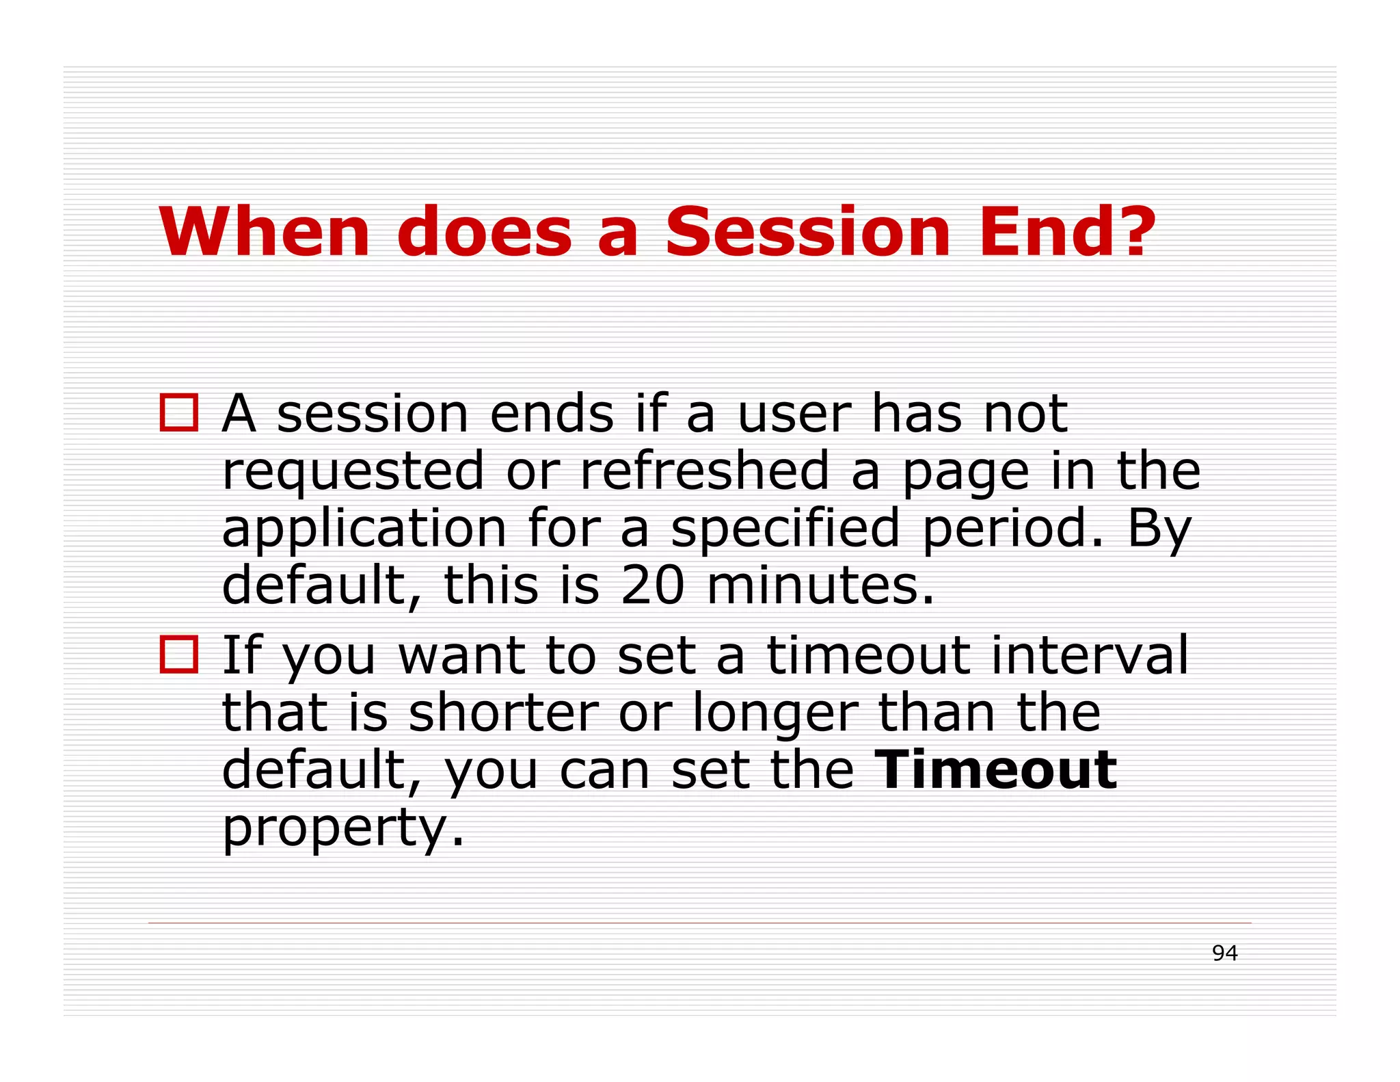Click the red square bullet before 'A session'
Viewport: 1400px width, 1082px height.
[x=179, y=412]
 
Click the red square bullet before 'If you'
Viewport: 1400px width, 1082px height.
[x=179, y=655]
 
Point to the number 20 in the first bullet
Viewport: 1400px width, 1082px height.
[x=652, y=585]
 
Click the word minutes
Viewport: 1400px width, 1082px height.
[x=820, y=585]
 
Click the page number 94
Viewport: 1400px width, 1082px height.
[x=1224, y=953]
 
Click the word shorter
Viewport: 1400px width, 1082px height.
[x=504, y=712]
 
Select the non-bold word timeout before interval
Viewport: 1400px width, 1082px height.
[x=868, y=655]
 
